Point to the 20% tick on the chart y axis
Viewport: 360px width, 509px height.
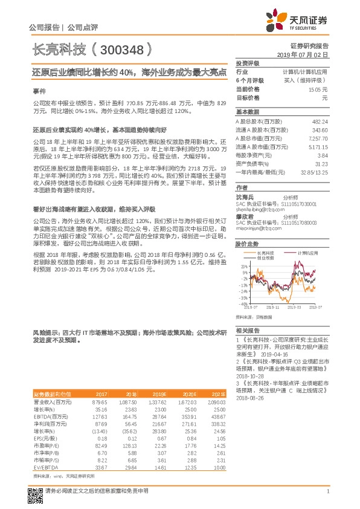(243, 266)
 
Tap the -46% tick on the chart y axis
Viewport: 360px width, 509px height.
(243, 304)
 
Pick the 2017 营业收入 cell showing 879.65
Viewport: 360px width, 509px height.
(99, 401)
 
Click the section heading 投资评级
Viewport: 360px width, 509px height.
(247, 63)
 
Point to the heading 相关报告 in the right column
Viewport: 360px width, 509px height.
(247, 331)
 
